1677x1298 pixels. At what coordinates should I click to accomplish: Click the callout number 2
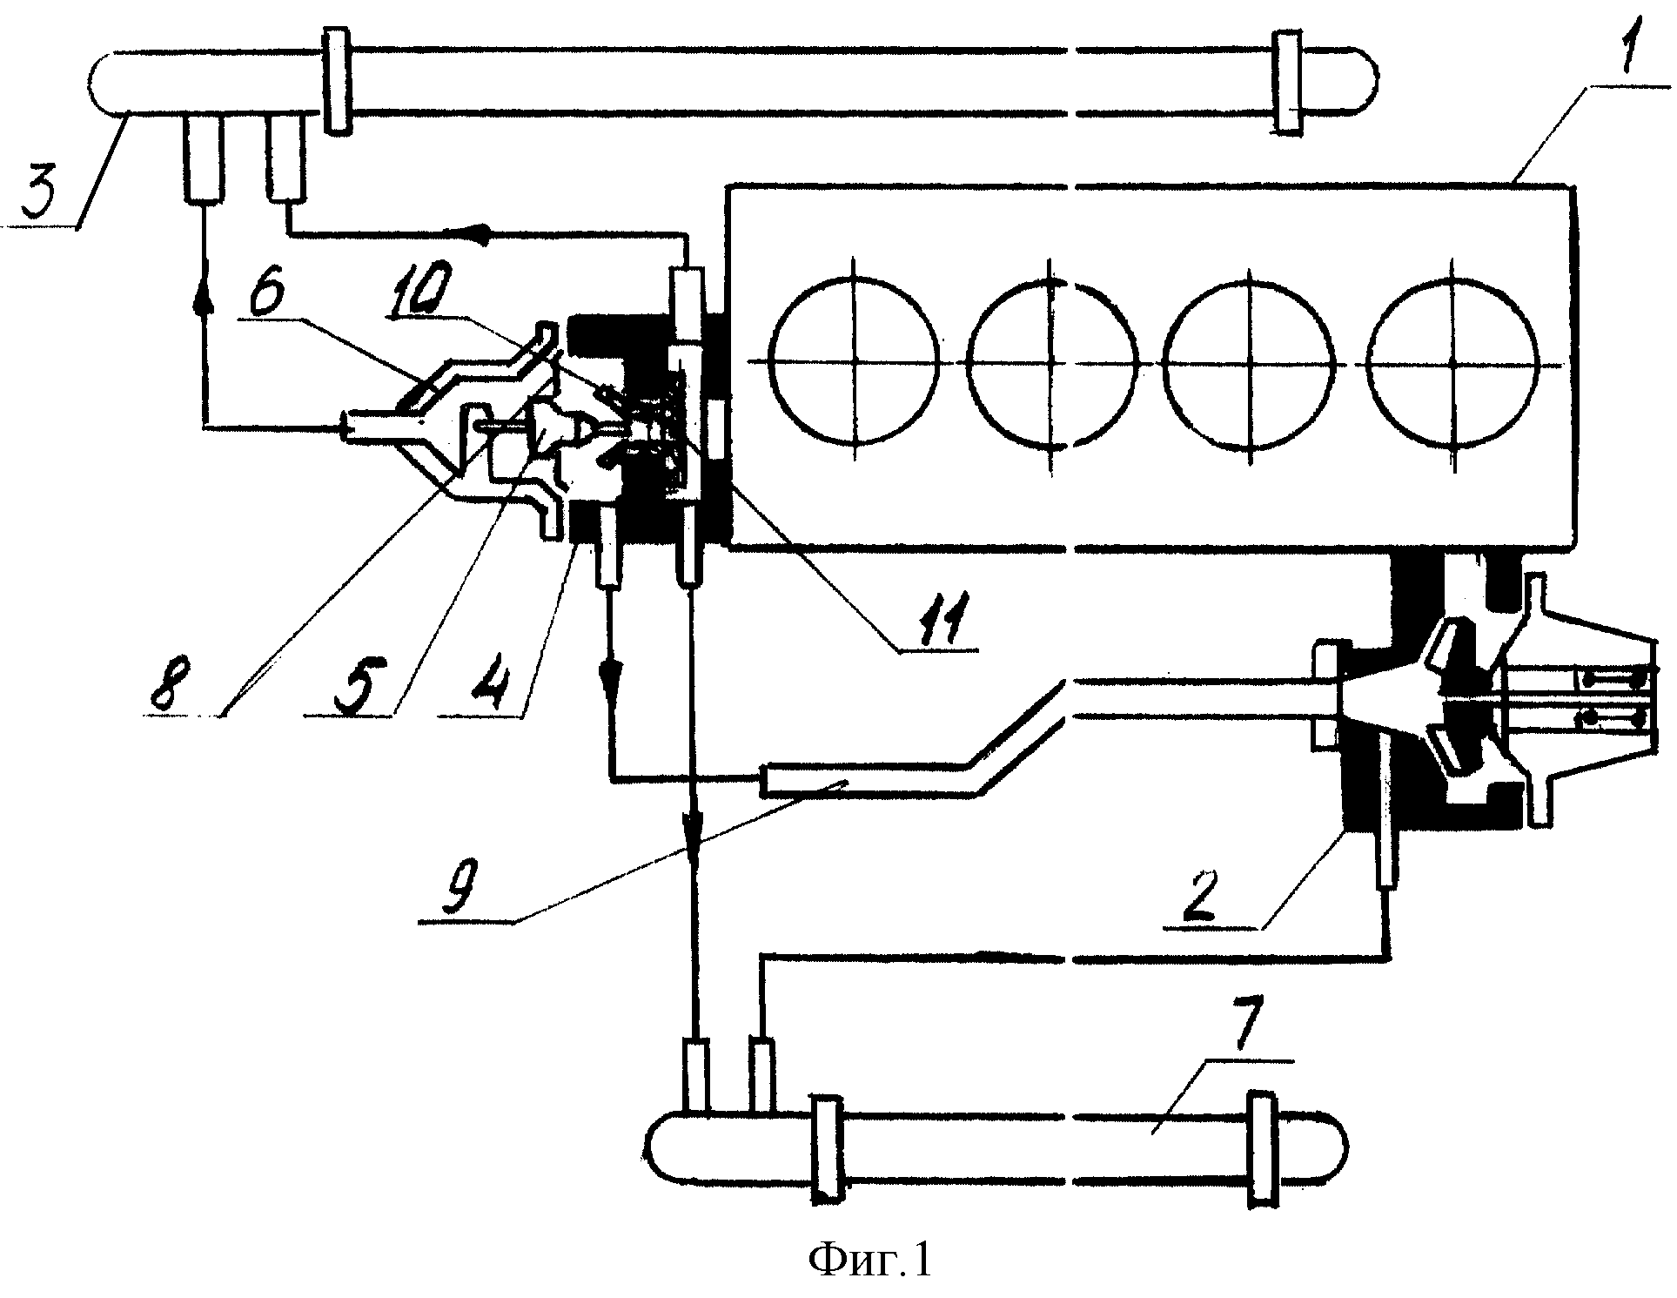[1208, 893]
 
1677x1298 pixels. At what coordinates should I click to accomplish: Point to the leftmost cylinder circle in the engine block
[855, 362]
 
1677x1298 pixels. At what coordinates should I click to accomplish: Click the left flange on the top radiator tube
[337, 80]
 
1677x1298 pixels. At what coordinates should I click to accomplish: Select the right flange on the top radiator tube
[1286, 82]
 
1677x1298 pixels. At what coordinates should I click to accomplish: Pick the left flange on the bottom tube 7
[825, 1146]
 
